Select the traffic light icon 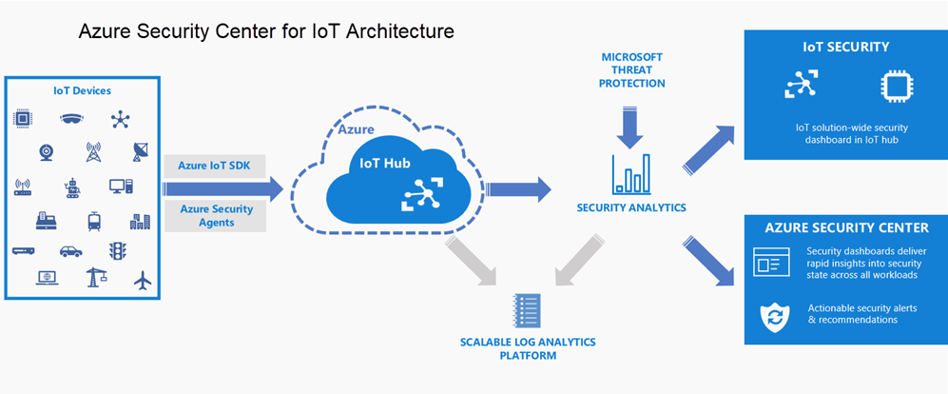[x=118, y=251]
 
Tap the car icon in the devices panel [x=71, y=251]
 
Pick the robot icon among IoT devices [x=71, y=187]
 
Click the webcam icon [x=46, y=151]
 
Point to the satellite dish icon [x=142, y=151]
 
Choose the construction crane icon [x=95, y=278]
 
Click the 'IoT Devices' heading [x=82, y=91]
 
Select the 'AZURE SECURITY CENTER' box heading [x=847, y=227]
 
